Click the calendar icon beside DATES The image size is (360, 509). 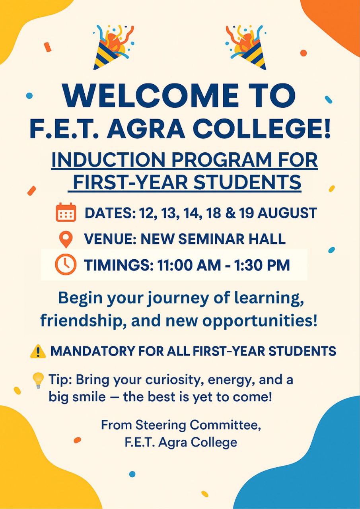pyautogui.click(x=66, y=212)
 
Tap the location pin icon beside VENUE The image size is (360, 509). pyautogui.click(x=66, y=240)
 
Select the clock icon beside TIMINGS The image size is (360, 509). pyautogui.click(x=66, y=264)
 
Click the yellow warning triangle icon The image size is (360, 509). pyautogui.click(x=38, y=352)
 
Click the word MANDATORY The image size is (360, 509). pyautogui.click(x=92, y=351)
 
